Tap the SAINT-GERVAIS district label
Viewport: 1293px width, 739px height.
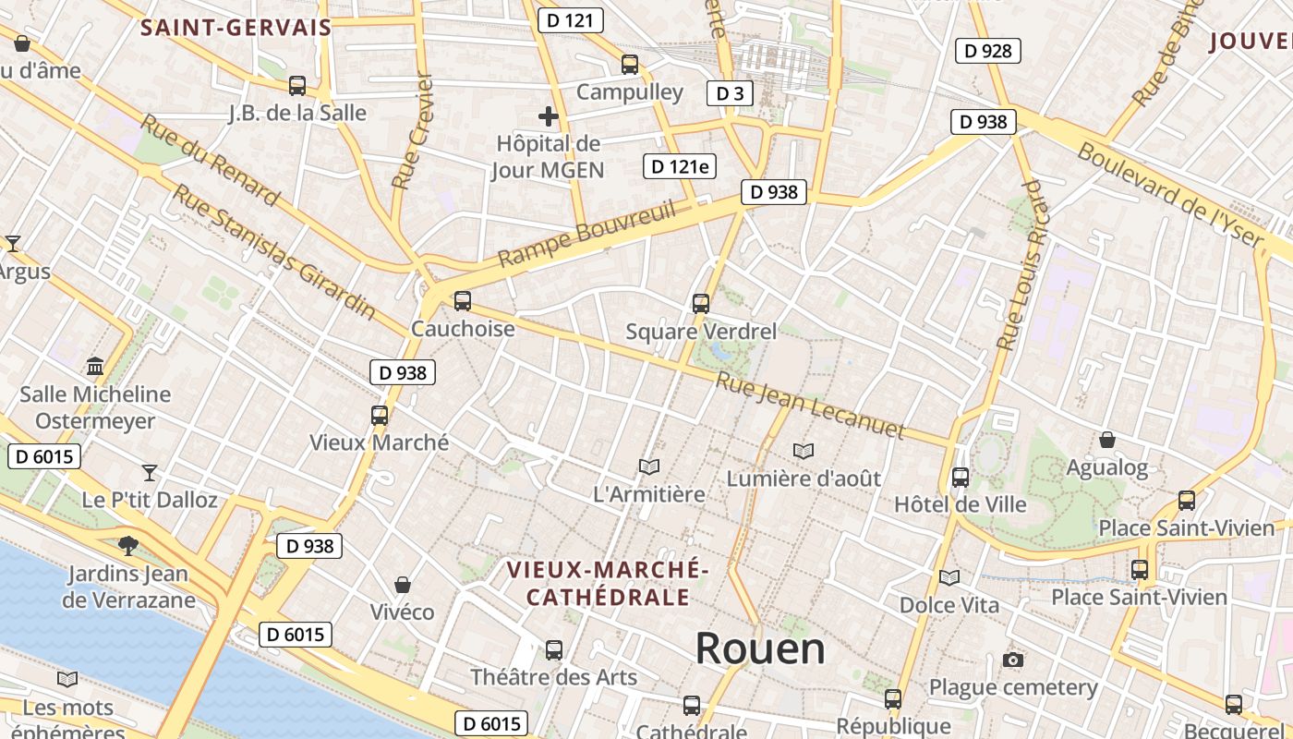pos(236,28)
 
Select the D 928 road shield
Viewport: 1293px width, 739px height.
pos(987,51)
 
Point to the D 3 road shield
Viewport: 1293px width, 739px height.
pos(730,92)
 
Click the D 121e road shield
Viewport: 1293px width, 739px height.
pos(680,166)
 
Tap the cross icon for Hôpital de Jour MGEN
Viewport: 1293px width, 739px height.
pos(548,116)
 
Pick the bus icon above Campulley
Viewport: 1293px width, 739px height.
pos(630,65)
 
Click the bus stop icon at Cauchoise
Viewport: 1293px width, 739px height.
pos(463,301)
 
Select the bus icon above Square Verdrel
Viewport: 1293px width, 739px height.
pos(701,303)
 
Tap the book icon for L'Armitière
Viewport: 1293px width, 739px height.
pos(649,467)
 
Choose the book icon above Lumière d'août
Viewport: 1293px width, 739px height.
pos(804,451)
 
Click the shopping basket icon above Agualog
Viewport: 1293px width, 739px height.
pos(1106,440)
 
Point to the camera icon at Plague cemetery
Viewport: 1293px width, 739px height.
pos(1013,660)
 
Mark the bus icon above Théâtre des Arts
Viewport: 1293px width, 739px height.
pos(554,649)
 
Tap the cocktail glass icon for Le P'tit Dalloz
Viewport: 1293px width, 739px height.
pos(150,473)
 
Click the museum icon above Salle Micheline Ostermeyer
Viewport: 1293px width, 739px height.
pos(95,367)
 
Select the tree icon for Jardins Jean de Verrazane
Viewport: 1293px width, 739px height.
pos(128,546)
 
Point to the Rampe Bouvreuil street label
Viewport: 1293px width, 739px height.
pos(586,235)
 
